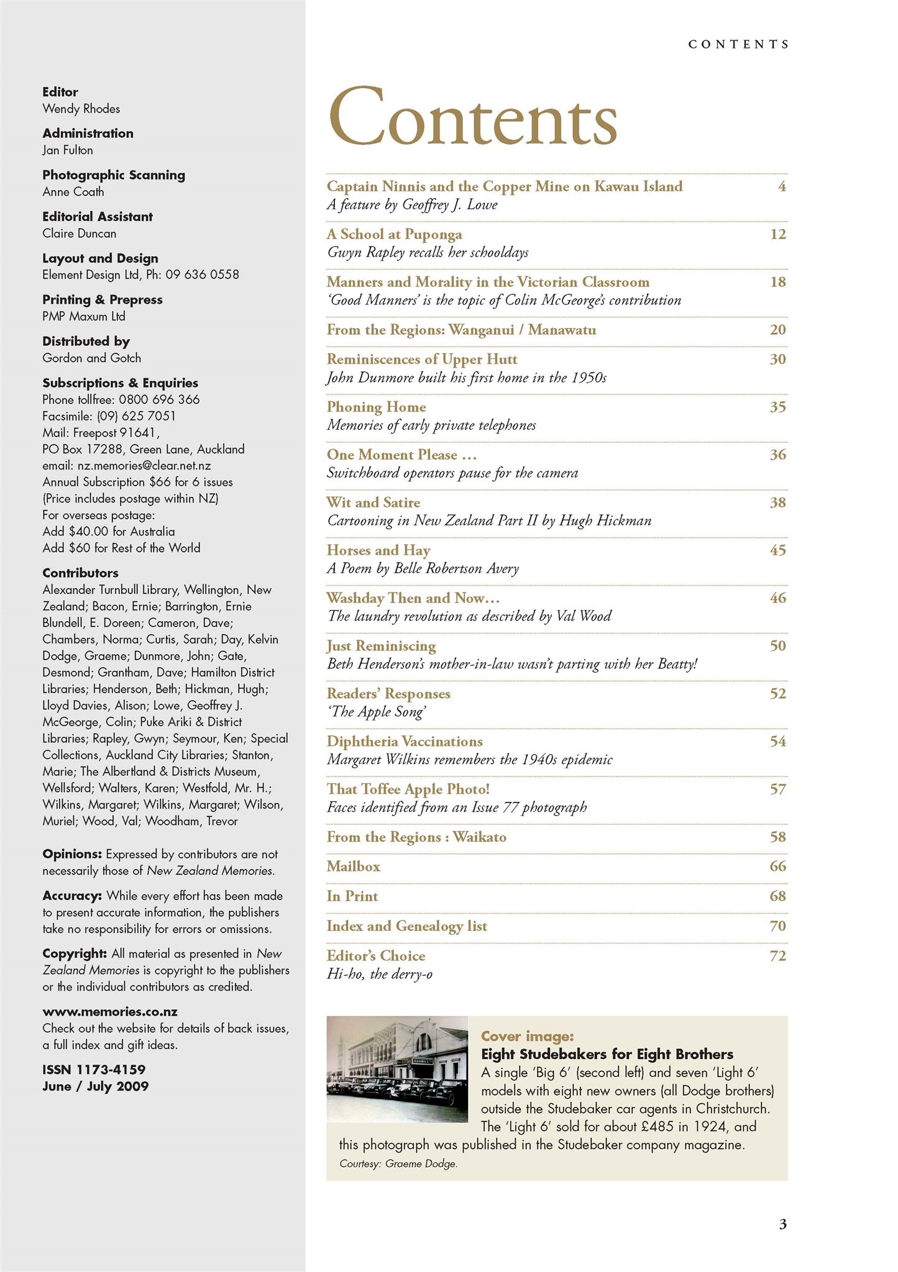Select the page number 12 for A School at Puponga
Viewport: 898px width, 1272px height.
click(777, 234)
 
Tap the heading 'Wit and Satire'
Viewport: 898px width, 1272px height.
click(373, 502)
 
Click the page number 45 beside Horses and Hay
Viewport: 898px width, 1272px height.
click(777, 550)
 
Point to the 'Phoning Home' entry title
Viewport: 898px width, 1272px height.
click(377, 407)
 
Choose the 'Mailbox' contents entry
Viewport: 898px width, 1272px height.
click(354, 866)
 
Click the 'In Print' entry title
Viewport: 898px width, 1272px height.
click(352, 896)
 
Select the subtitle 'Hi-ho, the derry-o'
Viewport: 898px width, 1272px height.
click(380, 974)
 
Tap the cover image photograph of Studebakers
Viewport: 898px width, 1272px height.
click(397, 1069)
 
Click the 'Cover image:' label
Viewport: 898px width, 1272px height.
click(527, 1036)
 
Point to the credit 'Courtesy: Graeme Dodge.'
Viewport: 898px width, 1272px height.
click(398, 1164)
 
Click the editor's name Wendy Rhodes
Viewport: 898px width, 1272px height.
click(81, 109)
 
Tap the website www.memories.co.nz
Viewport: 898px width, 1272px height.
click(110, 1012)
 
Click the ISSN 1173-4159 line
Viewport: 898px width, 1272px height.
click(94, 1070)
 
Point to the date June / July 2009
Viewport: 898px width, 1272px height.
click(96, 1086)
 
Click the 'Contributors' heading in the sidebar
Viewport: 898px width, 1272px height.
click(80, 573)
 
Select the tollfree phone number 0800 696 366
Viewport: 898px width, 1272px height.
click(159, 399)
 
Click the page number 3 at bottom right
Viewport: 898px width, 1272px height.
click(782, 1224)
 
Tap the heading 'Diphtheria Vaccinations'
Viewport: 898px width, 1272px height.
click(405, 742)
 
